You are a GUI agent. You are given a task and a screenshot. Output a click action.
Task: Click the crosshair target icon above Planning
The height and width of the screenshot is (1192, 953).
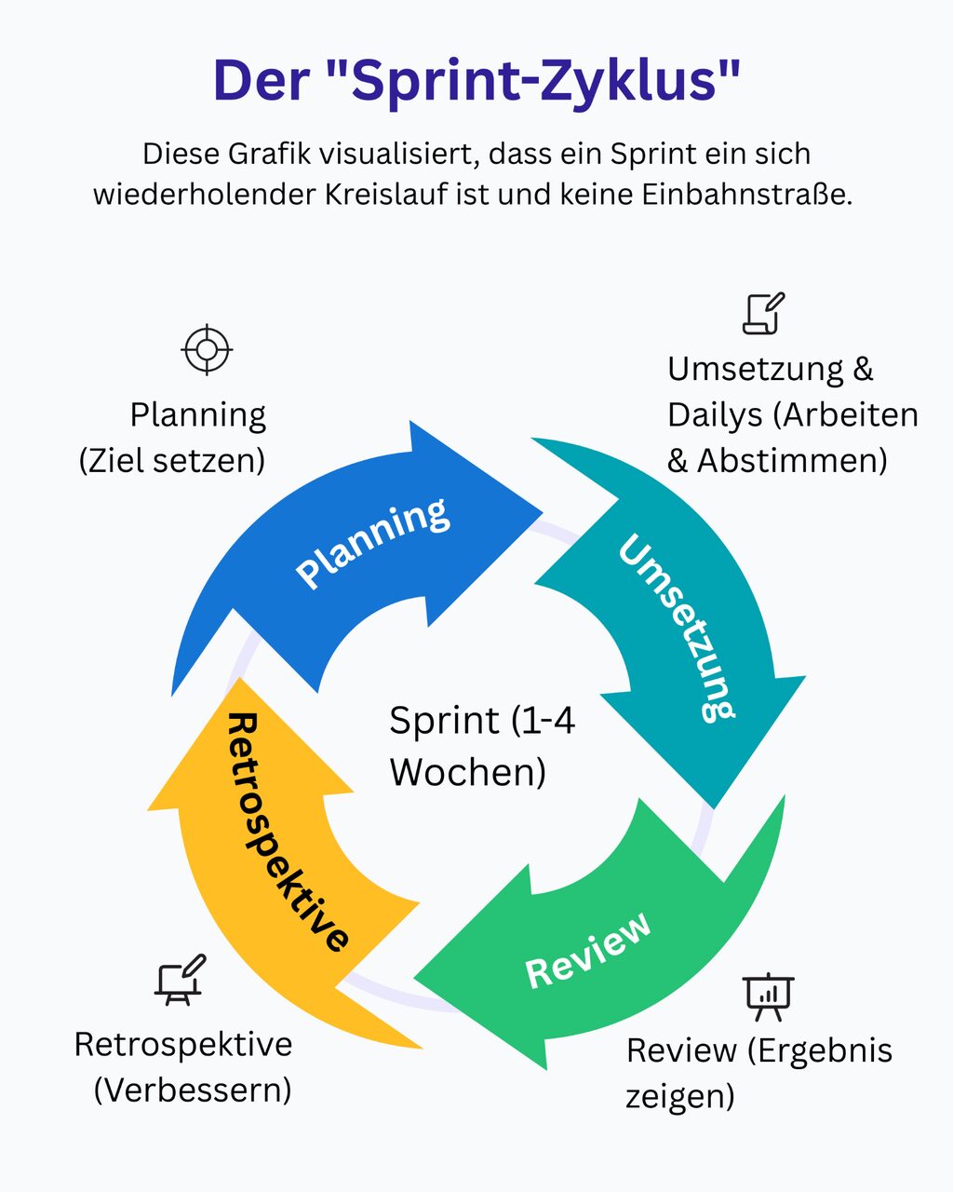(x=207, y=350)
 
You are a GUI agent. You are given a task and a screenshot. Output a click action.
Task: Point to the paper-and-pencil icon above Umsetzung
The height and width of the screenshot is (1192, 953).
(x=763, y=313)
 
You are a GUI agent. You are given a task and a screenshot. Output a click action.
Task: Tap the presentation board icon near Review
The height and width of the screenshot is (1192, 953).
(x=769, y=996)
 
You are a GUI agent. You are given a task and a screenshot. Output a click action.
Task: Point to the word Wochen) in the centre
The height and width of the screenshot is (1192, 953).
(x=468, y=772)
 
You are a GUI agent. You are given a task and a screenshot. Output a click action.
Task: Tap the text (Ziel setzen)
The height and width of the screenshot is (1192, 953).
(x=172, y=461)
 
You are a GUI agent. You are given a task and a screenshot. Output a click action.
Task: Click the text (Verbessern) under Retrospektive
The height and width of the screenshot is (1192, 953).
(x=193, y=1090)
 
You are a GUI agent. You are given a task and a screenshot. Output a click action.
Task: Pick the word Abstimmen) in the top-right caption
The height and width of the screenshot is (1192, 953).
(x=792, y=461)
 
